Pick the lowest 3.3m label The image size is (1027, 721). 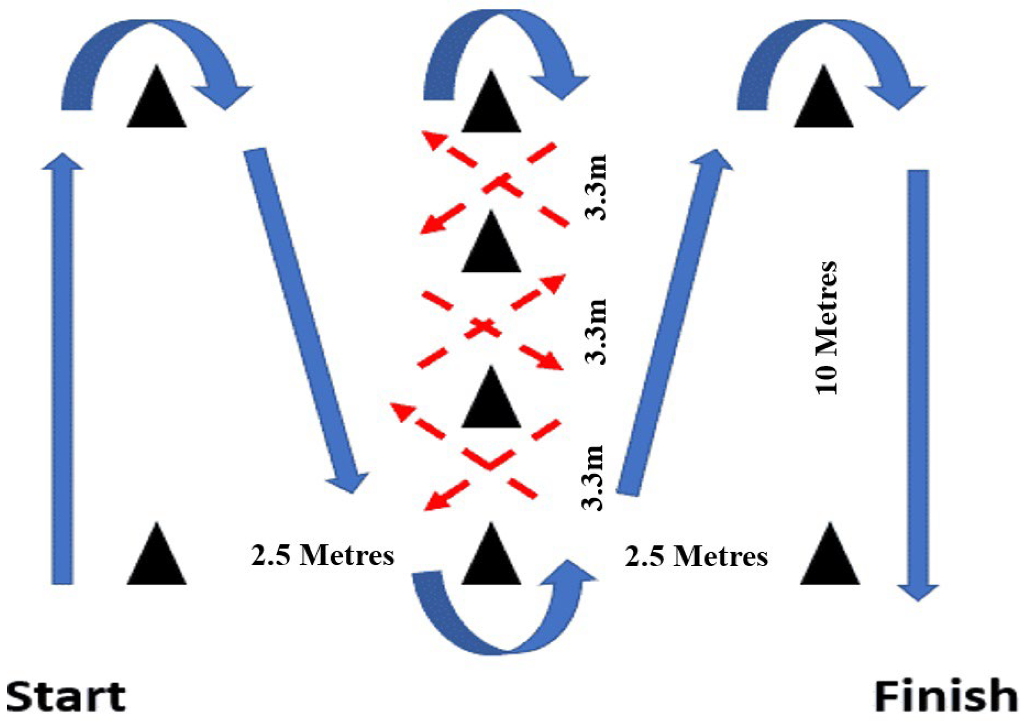[593, 478]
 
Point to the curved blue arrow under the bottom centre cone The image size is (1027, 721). [501, 623]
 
